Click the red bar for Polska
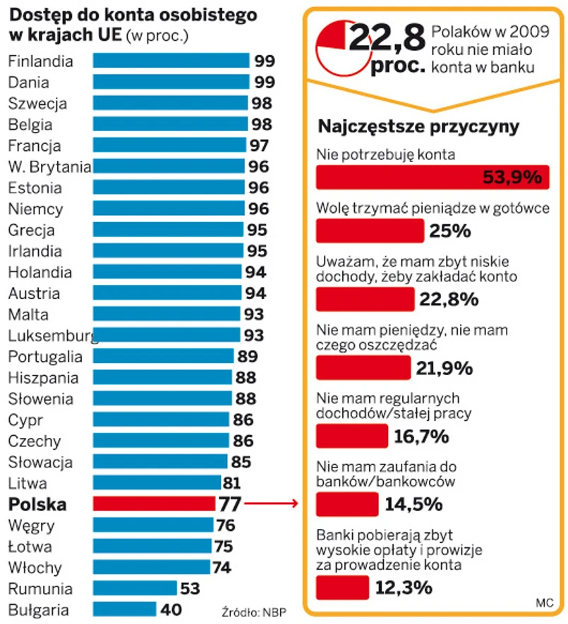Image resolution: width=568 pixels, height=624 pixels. [154, 504]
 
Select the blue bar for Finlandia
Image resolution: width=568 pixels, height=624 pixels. [171, 61]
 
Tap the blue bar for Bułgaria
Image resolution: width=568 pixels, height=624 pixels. [124, 610]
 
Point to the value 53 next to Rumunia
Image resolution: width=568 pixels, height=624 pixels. [191, 589]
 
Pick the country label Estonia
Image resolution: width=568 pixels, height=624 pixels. [35, 188]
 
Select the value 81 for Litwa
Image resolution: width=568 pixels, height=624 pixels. [231, 484]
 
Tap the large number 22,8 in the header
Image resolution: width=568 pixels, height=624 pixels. [386, 37]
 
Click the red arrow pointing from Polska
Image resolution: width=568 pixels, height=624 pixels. [272, 504]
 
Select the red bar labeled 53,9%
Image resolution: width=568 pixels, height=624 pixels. [432, 177]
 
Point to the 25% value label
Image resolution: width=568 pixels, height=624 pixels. [450, 231]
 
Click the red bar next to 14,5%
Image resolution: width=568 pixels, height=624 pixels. [346, 504]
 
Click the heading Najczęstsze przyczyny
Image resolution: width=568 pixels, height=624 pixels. [419, 128]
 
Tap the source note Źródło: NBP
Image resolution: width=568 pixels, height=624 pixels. [254, 611]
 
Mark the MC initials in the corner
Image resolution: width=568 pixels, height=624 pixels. [544, 603]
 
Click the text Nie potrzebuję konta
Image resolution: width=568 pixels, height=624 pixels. [386, 153]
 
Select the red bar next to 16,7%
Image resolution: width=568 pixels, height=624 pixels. [351, 436]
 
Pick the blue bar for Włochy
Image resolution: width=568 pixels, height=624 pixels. [152, 568]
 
